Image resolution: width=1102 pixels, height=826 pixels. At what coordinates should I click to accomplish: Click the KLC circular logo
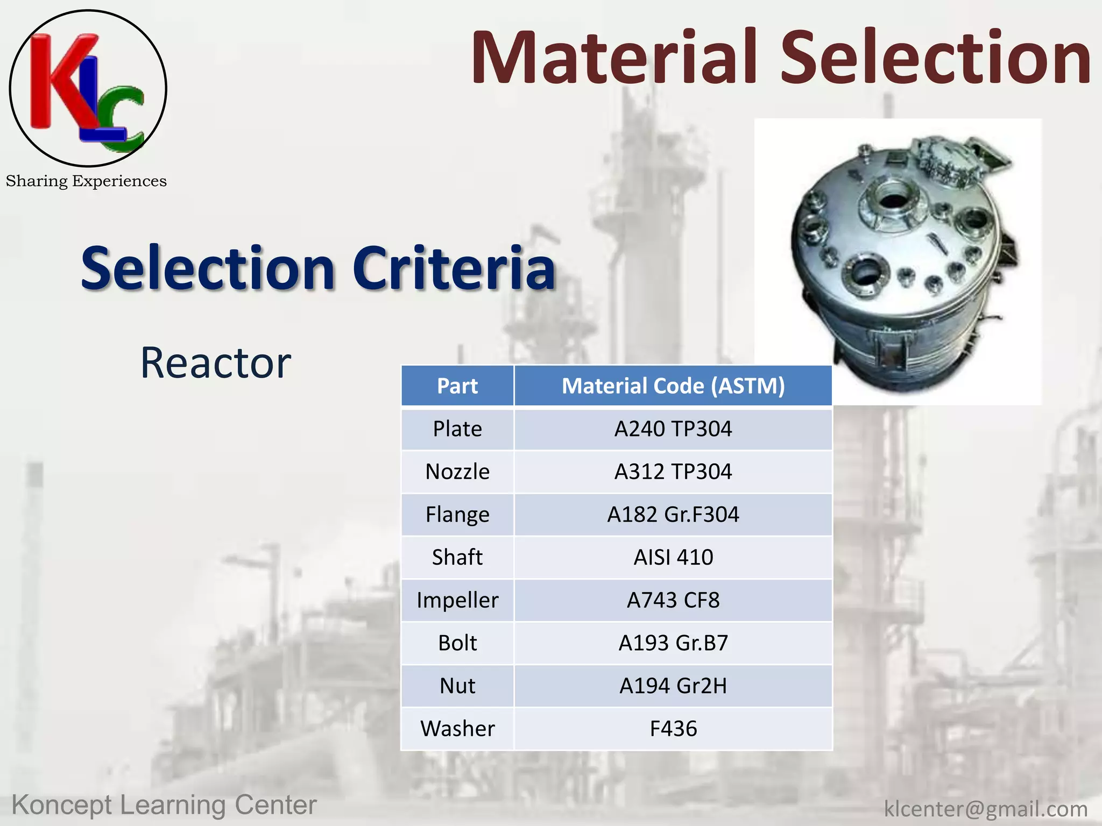point(88,88)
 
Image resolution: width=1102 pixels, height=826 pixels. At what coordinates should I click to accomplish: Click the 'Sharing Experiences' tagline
point(86,181)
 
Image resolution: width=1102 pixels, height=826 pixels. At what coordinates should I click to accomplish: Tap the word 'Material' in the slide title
point(614,58)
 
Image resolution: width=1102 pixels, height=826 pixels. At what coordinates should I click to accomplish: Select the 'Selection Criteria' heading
point(317,268)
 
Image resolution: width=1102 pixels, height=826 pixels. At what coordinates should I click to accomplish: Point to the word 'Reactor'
point(215,363)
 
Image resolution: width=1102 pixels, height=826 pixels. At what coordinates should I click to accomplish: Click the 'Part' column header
point(457,386)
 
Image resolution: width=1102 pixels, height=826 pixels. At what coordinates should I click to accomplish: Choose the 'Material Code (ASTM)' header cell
point(673,386)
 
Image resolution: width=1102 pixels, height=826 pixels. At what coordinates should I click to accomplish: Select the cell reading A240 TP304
point(673,429)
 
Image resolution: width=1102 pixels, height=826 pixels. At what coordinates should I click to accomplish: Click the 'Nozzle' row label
point(457,472)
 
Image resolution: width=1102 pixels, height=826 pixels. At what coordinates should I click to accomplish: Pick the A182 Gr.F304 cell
point(673,515)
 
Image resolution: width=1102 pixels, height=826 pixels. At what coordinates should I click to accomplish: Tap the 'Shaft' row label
point(457,557)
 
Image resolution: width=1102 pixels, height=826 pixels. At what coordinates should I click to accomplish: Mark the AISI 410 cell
point(673,557)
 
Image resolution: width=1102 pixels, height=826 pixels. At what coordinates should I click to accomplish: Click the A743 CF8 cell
point(673,600)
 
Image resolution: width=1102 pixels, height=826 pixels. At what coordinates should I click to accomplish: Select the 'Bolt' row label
point(457,643)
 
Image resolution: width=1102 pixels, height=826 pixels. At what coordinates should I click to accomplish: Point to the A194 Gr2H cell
point(673,686)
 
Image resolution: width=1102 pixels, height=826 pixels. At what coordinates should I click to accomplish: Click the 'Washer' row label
point(457,729)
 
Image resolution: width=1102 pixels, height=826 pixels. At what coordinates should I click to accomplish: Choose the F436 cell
point(673,729)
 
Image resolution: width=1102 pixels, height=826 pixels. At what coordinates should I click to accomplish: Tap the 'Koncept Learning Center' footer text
point(164,806)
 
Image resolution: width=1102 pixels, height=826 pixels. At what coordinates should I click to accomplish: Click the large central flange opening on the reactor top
point(894,201)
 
